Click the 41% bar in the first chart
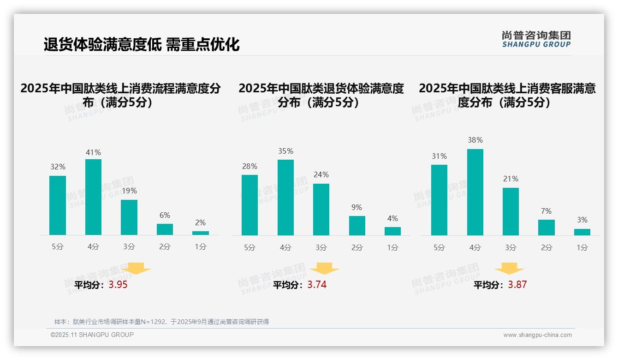click(93, 197)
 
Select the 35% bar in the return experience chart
click(285, 198)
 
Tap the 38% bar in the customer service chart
click(475, 192)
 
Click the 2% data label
click(200, 223)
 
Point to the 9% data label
click(357, 208)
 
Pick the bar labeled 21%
click(511, 211)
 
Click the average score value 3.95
click(118, 285)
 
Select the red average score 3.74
click(317, 285)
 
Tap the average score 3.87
click(517, 285)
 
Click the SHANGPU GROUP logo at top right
click(536, 39)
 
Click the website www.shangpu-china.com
click(537, 335)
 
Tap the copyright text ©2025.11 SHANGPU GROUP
click(92, 335)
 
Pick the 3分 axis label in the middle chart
click(321, 247)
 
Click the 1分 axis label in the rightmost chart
click(582, 247)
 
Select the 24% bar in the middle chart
click(321, 210)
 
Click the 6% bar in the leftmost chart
click(165, 229)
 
